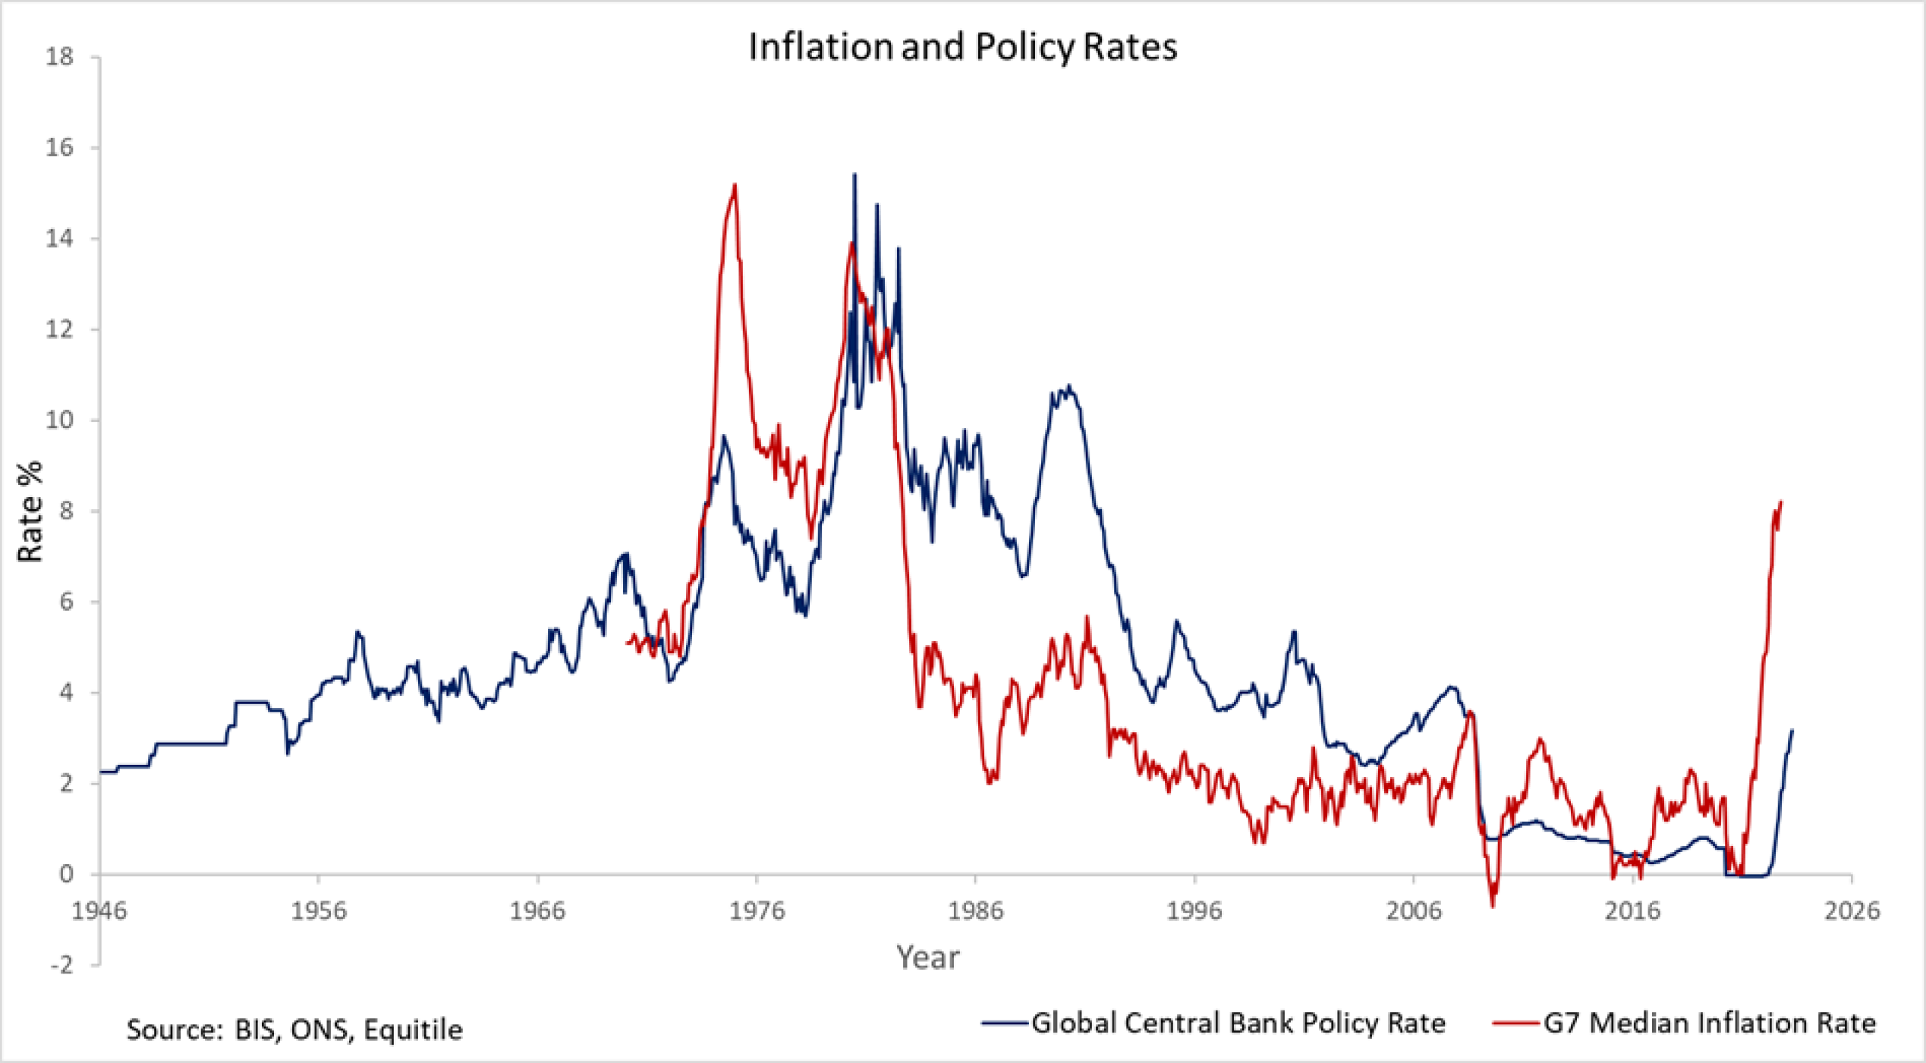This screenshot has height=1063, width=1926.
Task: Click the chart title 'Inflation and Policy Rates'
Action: (x=962, y=47)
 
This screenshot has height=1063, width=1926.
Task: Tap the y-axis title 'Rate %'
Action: (x=30, y=511)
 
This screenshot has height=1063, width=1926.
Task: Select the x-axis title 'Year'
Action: (x=927, y=958)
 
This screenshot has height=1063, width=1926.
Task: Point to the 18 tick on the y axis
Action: (x=60, y=57)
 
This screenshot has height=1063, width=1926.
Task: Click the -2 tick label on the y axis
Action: (x=61, y=965)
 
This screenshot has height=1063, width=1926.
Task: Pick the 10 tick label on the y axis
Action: (x=60, y=420)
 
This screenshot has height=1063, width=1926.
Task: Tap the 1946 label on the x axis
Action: (x=99, y=910)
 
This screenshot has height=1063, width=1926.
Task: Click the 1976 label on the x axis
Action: (x=757, y=910)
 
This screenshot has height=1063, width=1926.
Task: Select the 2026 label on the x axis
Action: (x=1852, y=910)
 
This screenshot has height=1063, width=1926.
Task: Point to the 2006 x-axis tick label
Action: (x=1414, y=910)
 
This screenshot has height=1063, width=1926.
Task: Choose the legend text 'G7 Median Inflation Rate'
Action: (x=1710, y=1024)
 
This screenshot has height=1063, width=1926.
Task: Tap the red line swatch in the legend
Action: (x=1515, y=1024)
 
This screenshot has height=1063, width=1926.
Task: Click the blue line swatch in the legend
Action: (x=1005, y=1024)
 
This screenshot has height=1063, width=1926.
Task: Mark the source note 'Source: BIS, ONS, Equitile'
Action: (x=294, y=1030)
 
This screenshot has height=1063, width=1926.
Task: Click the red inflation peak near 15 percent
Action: (x=735, y=185)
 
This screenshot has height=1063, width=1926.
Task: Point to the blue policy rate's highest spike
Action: (x=854, y=175)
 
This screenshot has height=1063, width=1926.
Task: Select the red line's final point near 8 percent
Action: (x=1780, y=502)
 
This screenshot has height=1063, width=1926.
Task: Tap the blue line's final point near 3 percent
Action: (x=1792, y=731)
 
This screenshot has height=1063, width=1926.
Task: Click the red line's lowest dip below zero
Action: (x=1493, y=905)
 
